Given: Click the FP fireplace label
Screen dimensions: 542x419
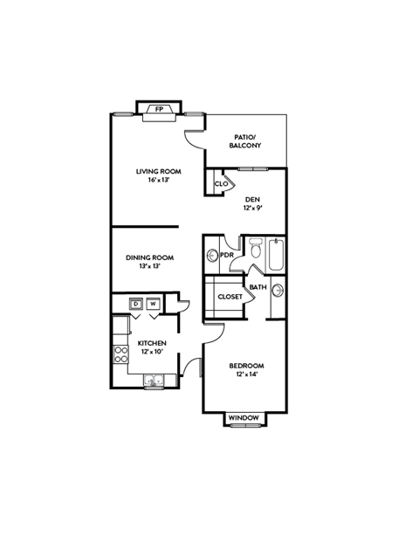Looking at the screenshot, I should [159, 110].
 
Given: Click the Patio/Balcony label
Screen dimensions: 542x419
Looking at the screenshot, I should [244, 141].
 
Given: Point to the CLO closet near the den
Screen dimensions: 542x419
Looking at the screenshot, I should [221, 184].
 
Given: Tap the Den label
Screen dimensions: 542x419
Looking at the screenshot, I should [252, 200].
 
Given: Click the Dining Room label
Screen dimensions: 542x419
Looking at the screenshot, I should [150, 257].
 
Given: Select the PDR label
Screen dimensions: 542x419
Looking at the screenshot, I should [226, 256].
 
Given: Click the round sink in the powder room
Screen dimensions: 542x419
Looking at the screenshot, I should [212, 256].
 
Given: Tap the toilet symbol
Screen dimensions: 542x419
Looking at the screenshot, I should [255, 251].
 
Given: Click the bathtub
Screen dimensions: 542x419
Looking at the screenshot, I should [276, 254].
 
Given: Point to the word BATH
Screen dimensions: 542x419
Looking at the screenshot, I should [258, 287].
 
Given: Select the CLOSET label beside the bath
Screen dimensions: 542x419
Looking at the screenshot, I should [230, 297].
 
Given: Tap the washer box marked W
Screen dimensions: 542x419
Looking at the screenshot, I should [153, 304].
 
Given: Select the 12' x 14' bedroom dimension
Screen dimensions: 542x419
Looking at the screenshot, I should [246, 374].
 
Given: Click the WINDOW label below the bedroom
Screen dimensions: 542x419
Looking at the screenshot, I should [244, 418].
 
